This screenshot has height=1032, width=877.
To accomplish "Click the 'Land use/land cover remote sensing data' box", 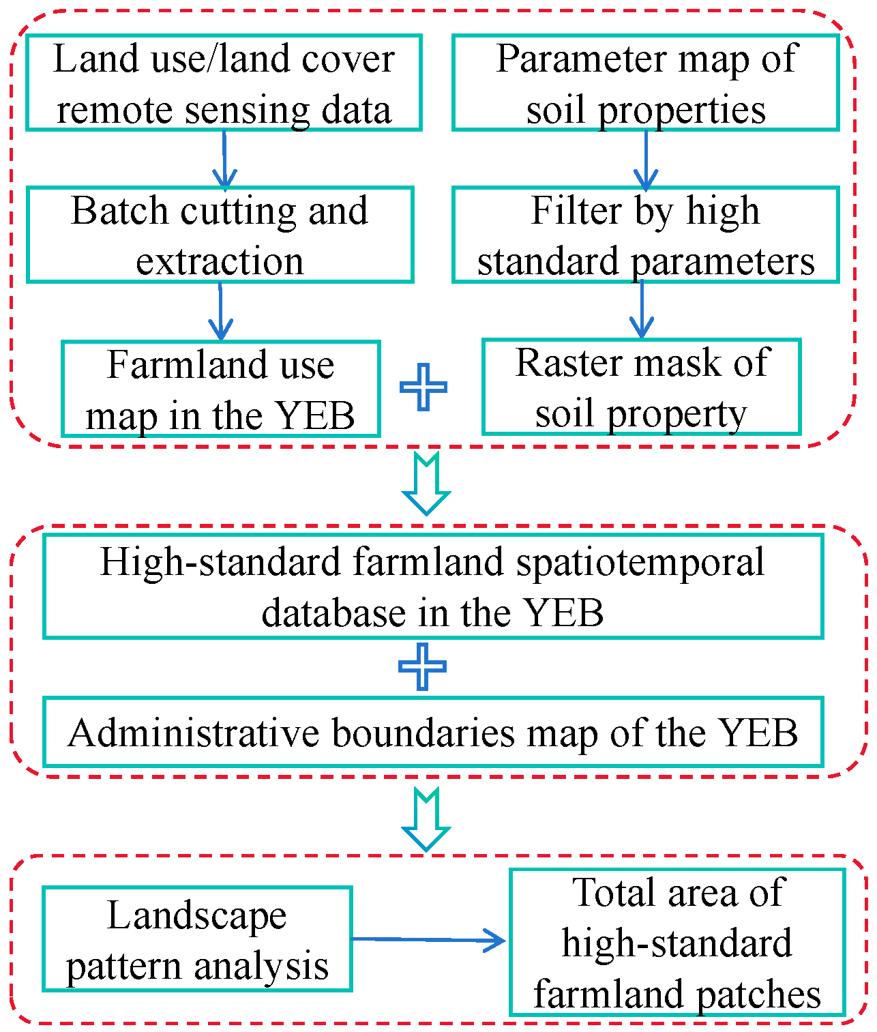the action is (x=224, y=83).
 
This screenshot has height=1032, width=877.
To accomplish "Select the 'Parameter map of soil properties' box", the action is (x=645, y=83).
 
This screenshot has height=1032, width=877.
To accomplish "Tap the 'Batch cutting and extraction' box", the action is (x=220, y=235).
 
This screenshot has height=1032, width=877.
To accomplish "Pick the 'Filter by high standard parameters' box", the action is (x=645, y=235).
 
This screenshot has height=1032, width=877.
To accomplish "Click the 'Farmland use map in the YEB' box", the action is (x=221, y=389).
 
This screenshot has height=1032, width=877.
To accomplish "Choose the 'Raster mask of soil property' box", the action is (x=642, y=387).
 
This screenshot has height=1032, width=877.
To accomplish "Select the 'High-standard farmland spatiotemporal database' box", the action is (x=433, y=586).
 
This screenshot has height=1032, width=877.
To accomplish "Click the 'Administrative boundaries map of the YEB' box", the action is (x=433, y=732).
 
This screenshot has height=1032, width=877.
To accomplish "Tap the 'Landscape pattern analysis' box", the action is (x=197, y=939).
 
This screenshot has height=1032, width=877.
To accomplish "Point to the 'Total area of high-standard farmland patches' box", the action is (x=677, y=943).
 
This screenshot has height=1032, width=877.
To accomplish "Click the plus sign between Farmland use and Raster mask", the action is (x=423, y=387).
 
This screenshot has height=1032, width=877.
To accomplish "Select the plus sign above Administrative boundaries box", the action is (x=422, y=666).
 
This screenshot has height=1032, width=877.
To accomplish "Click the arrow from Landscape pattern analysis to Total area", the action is (x=428, y=940).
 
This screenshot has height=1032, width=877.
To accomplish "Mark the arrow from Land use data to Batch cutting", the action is (x=224, y=160).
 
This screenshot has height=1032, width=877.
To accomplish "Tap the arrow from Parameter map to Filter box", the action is (x=646, y=160).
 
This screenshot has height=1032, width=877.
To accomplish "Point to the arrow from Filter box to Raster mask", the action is (x=642, y=310).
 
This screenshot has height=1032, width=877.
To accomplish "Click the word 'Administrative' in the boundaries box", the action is (x=194, y=733).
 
